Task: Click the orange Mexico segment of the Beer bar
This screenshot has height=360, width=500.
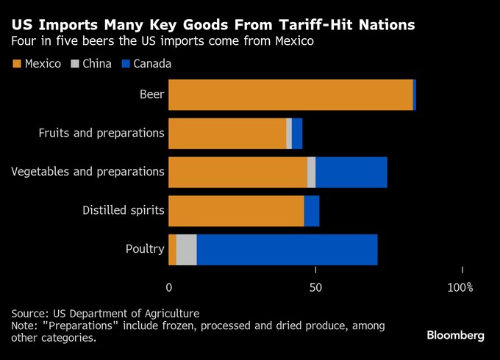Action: pos(290,95)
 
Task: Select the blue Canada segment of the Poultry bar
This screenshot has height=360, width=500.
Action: pos(287,250)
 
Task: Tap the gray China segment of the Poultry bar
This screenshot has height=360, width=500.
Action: pos(187,250)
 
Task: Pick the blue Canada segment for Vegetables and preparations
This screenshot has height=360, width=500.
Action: pos(351,172)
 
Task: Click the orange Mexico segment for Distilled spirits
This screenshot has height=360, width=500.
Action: pos(236,211)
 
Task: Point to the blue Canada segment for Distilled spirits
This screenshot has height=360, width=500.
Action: pos(312,211)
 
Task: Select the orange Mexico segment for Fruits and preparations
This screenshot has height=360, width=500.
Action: pos(227,134)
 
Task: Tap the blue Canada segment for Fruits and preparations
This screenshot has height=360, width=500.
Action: pos(297,134)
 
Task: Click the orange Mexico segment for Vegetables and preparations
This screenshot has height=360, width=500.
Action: pos(238,172)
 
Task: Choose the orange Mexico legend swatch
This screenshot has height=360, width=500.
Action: pos(16,64)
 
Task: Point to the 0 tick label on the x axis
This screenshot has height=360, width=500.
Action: pos(169,287)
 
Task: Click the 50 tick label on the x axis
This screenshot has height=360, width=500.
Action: pos(315,287)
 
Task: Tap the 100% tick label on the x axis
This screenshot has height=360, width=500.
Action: pos(460,287)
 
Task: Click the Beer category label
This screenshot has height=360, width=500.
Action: pos(151,95)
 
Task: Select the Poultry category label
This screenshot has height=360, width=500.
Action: pos(145,250)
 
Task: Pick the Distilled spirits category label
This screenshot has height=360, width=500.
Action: pos(123,211)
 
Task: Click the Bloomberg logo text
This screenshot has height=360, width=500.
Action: pos(455,336)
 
